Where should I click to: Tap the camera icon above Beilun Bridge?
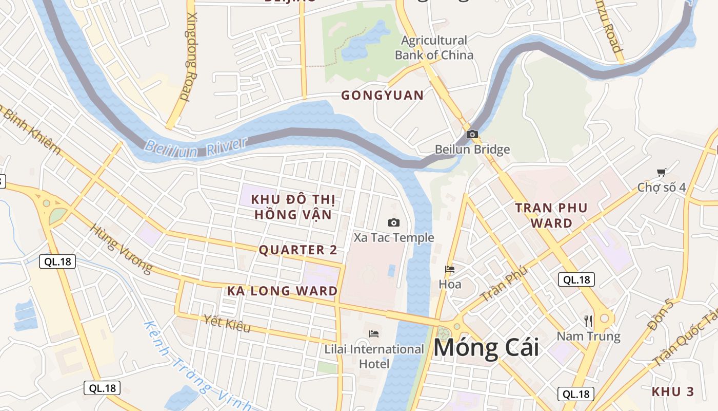[x=472, y=135]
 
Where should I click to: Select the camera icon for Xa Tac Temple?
[x=394, y=222]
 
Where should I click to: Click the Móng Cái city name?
[x=486, y=348]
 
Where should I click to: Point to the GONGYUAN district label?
[x=383, y=95]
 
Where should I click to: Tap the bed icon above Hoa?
[x=450, y=269]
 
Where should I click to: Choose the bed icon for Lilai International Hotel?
[x=374, y=334]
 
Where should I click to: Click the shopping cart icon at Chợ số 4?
[x=661, y=173]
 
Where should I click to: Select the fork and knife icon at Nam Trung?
[x=588, y=321]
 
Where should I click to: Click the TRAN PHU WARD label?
[x=551, y=215]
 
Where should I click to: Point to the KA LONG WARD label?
[x=283, y=291]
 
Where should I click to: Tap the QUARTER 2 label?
[x=298, y=250]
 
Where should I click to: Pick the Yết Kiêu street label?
[x=227, y=324]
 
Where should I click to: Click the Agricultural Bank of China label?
[x=434, y=47]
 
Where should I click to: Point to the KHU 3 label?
[x=672, y=391]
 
